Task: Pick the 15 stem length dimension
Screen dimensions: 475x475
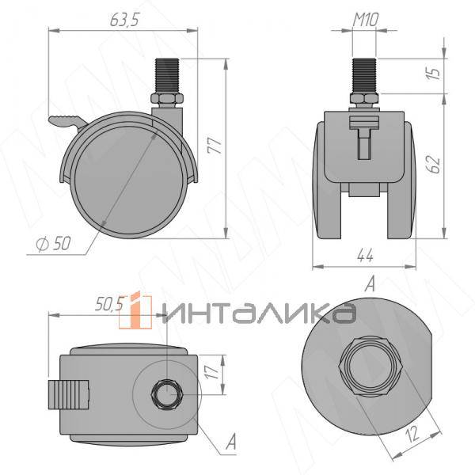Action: click(433, 74)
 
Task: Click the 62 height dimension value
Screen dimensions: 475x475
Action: click(433, 164)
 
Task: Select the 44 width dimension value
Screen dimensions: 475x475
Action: click(364, 255)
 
